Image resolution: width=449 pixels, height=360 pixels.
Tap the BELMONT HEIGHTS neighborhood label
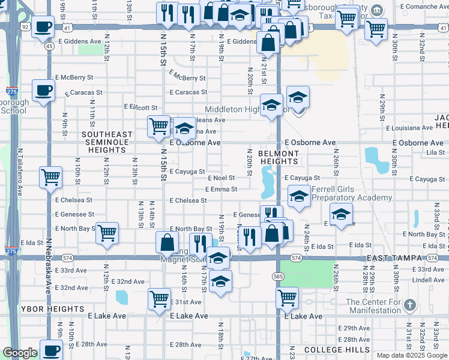279,158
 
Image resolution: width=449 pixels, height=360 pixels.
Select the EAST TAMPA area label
396,257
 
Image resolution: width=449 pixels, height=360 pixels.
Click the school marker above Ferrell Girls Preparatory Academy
299,196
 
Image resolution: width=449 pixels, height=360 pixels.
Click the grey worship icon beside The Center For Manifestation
410,304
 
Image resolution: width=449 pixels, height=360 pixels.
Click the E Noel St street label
221,178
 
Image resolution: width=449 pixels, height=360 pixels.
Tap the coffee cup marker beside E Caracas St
43,91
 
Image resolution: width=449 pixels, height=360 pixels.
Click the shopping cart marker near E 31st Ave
159,298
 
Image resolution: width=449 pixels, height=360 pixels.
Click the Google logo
20,353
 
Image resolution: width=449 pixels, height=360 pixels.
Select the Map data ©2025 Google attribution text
412,355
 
